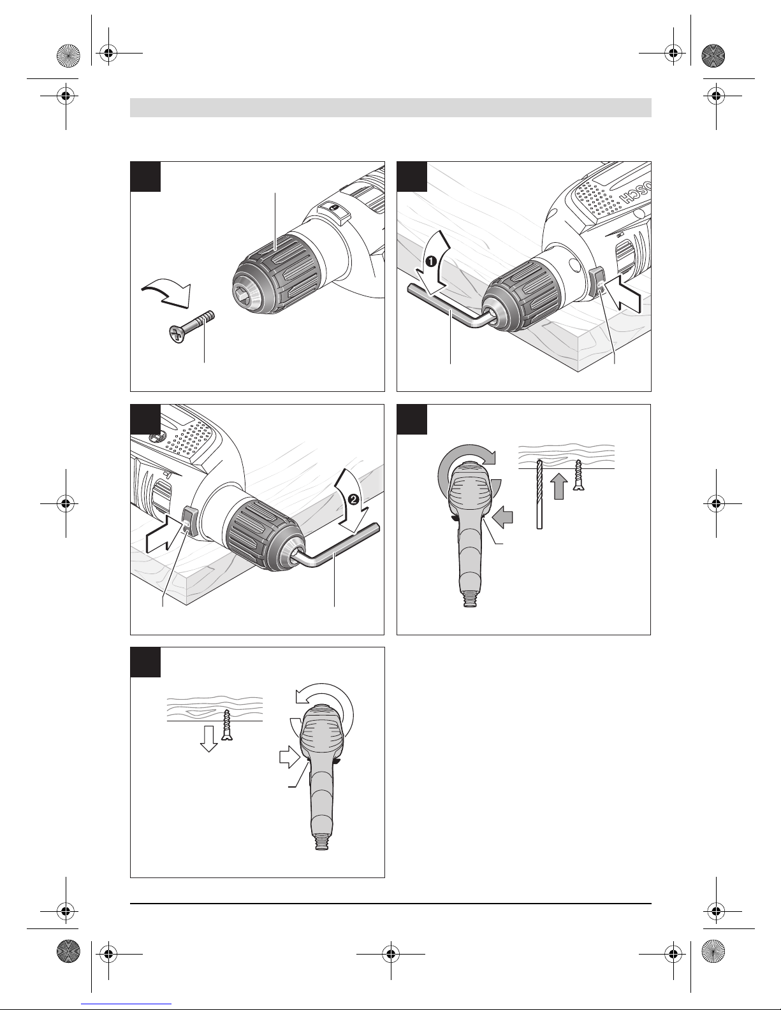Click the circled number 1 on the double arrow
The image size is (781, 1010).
(x=431, y=262)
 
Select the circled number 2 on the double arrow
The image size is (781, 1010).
(x=353, y=500)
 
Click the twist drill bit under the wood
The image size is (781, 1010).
(x=539, y=494)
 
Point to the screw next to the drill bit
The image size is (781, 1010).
(x=578, y=475)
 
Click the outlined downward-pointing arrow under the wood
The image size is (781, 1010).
(x=208, y=738)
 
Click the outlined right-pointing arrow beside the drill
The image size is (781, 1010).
(x=288, y=758)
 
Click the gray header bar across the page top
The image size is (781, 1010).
(x=390, y=107)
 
